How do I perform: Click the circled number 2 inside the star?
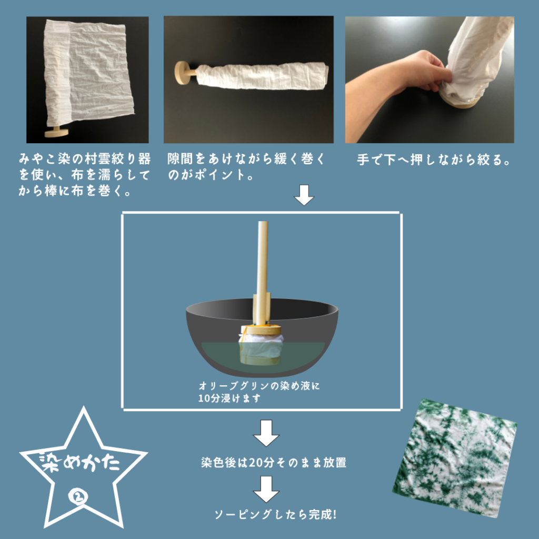tap(78, 497)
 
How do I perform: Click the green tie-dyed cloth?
tap(455, 458)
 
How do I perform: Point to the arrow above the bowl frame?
tap(304, 195)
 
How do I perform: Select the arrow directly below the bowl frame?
tap(266, 433)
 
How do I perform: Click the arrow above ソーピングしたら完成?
tap(266, 489)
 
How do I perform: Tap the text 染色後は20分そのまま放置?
tap(274, 463)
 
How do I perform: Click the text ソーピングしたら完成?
tap(275, 514)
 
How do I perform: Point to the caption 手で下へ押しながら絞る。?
tap(434, 160)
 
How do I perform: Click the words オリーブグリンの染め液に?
tap(259, 386)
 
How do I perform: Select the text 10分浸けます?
tap(229, 398)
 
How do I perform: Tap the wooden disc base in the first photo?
tap(57, 132)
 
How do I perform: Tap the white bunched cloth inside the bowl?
tap(261, 345)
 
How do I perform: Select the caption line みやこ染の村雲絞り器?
tap(85, 159)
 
